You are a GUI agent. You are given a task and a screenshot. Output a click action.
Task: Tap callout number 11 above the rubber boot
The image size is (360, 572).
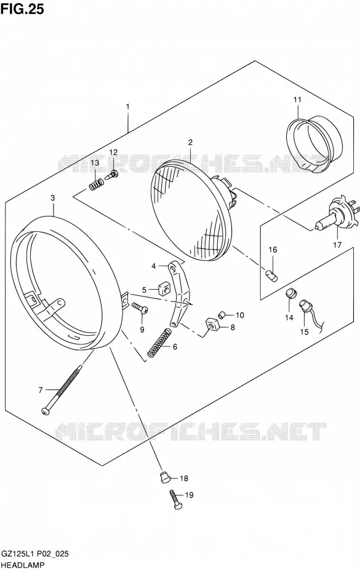(x=297, y=100)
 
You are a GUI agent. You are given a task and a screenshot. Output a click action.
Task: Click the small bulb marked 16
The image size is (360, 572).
(x=272, y=274)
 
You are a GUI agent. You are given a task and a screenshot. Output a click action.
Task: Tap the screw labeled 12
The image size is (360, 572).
(x=113, y=175)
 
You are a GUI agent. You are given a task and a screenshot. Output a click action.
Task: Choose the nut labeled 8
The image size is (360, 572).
(x=212, y=324)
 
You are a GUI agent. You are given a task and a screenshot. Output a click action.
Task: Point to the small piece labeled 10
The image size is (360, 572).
(x=222, y=314)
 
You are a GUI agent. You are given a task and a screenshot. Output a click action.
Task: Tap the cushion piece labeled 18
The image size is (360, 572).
(x=166, y=477)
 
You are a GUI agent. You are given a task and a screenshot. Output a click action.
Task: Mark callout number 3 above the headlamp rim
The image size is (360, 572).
(x=53, y=198)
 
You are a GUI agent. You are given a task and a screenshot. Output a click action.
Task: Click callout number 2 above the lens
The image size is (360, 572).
(x=190, y=142)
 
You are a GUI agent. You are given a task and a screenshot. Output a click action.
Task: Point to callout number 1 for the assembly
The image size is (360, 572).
(x=128, y=106)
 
